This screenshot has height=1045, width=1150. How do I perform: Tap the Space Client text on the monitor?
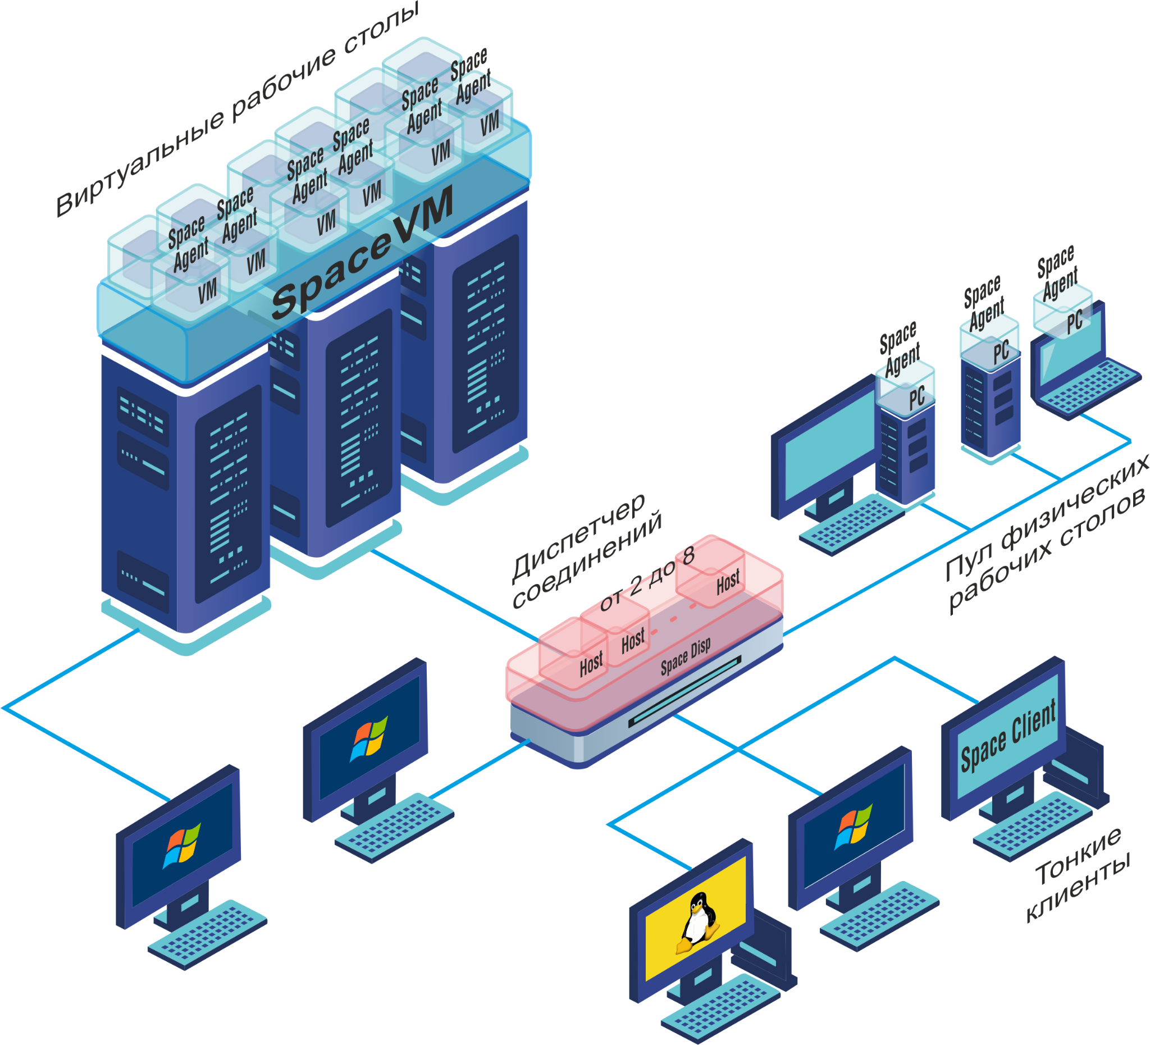tap(1008, 735)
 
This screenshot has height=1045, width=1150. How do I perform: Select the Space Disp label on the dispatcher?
tap(686, 657)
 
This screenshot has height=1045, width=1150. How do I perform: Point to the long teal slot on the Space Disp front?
tap(684, 691)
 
